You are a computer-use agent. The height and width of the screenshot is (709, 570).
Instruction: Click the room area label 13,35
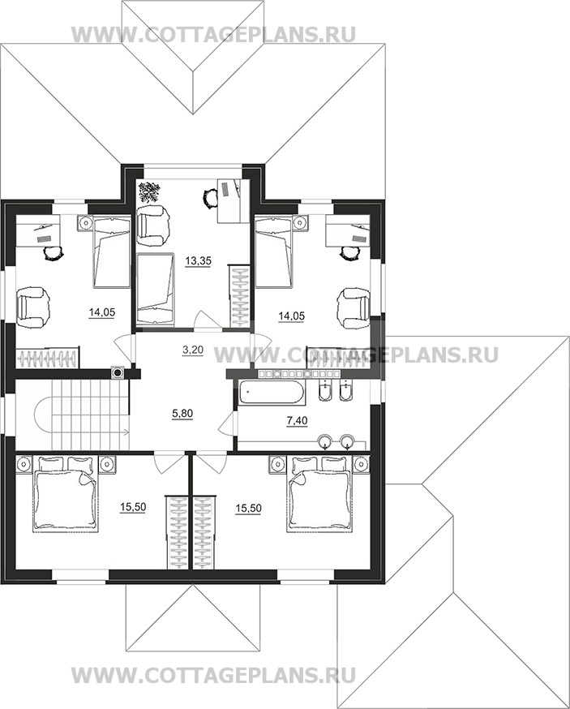point(198,261)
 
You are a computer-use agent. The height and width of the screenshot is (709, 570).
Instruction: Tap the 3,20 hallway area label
point(193,349)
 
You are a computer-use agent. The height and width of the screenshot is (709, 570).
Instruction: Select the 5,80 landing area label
point(182,414)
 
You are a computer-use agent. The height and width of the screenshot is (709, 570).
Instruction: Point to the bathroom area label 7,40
point(298,421)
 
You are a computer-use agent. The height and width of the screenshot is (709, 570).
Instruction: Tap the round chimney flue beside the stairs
point(118,373)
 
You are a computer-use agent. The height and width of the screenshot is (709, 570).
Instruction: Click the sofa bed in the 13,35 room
point(155,289)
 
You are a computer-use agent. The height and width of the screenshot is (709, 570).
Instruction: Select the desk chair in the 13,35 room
point(209,198)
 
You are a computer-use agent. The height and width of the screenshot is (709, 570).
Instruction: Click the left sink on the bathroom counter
point(325,440)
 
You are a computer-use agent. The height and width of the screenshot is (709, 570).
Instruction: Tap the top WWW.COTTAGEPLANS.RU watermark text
point(214,34)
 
